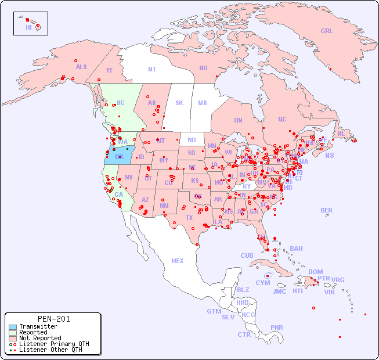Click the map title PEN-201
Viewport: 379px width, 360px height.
(x=53, y=319)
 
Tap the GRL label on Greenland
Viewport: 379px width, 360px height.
(x=327, y=31)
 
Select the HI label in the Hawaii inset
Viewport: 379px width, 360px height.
(x=28, y=27)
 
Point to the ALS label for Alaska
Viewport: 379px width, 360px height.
(x=81, y=67)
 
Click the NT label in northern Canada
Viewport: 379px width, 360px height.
(x=152, y=69)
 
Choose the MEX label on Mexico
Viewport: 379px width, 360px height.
(x=178, y=261)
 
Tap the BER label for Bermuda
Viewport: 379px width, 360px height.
(x=327, y=210)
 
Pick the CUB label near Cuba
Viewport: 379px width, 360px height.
(x=247, y=255)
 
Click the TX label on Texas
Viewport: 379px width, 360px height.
(x=189, y=218)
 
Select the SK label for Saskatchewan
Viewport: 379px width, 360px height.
(x=179, y=103)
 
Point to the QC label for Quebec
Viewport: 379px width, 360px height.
(x=282, y=120)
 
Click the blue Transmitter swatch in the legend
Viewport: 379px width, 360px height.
(x=12, y=327)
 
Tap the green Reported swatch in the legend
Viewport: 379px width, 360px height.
(x=12, y=333)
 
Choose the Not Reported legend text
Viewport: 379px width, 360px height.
(x=40, y=338)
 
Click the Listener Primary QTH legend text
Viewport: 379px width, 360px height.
(x=54, y=344)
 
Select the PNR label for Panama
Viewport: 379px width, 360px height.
(x=277, y=327)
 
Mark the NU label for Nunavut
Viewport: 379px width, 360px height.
(x=203, y=68)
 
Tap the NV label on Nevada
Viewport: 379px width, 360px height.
(x=128, y=177)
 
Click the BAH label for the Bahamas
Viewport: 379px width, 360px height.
(x=296, y=249)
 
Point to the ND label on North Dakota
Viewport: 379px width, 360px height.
(x=192, y=140)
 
